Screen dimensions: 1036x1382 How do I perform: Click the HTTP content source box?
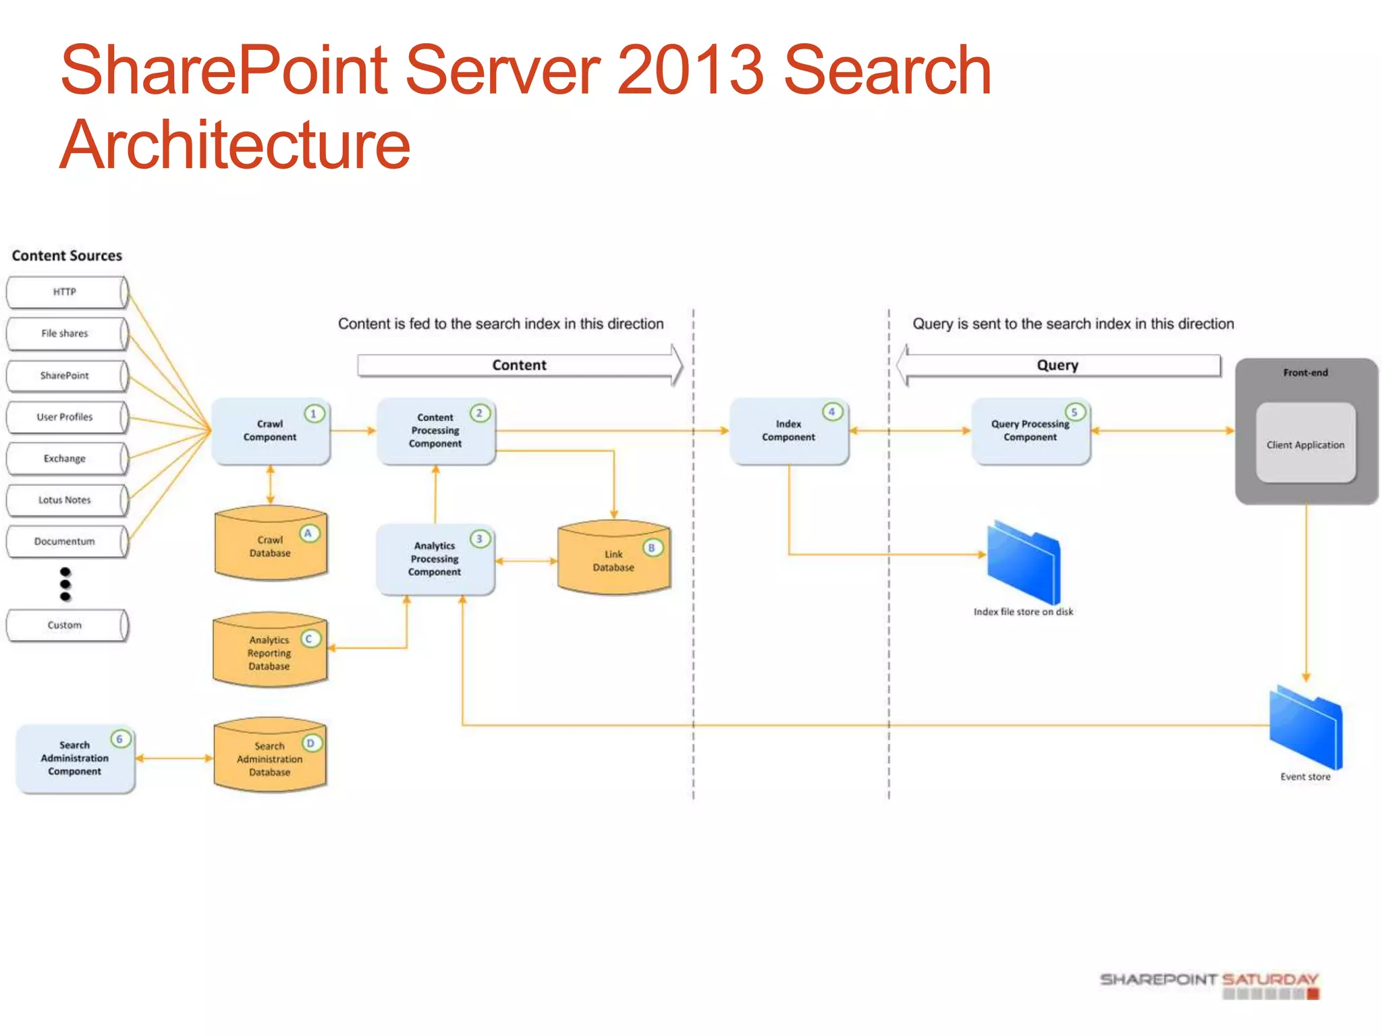65,292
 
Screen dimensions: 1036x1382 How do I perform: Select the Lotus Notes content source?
65,500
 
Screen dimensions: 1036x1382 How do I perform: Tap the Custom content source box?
65,625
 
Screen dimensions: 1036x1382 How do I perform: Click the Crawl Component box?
270,431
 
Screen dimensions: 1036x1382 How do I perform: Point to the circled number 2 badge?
479,413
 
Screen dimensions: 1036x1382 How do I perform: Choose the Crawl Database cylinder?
270,545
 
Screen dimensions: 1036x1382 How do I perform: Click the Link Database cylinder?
613,560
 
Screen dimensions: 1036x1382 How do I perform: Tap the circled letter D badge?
310,743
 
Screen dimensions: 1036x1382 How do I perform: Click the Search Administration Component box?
75,759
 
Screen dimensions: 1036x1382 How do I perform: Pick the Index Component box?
788,431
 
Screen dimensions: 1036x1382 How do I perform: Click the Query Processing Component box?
1030,431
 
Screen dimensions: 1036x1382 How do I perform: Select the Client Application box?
1305,444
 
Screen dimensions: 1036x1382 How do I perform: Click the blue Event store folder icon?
1306,728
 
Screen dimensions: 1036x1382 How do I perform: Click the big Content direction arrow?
520,365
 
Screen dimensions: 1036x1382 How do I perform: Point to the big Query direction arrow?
1057,365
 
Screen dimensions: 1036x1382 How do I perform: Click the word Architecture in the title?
236,145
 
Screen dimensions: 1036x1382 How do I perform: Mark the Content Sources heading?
67,256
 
